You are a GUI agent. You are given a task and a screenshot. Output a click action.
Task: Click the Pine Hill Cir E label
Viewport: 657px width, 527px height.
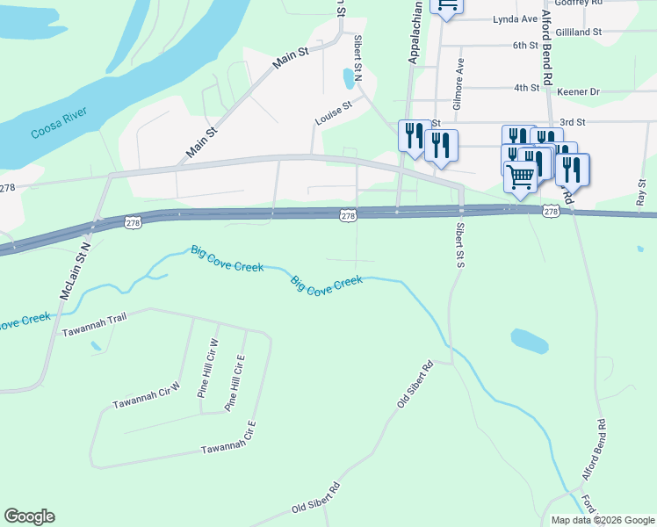click(x=235, y=384)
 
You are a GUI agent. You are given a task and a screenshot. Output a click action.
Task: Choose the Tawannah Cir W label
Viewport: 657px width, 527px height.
click(x=146, y=396)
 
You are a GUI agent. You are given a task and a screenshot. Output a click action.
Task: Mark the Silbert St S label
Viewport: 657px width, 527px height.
click(x=458, y=245)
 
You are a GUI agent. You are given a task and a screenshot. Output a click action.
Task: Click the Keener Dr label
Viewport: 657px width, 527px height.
click(x=581, y=90)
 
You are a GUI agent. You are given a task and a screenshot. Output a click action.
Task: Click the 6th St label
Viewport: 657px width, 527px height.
click(x=525, y=45)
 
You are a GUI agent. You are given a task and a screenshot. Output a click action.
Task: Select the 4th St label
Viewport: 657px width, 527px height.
click(x=526, y=88)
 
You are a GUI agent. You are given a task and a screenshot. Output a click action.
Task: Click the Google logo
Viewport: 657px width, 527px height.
click(x=29, y=516)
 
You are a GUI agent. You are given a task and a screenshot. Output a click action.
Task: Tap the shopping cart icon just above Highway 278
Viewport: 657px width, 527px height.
click(x=521, y=177)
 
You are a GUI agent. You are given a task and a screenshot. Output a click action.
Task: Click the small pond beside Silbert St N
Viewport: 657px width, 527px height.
click(x=350, y=79)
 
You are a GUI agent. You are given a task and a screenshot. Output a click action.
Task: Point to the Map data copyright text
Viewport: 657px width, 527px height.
click(x=602, y=520)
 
